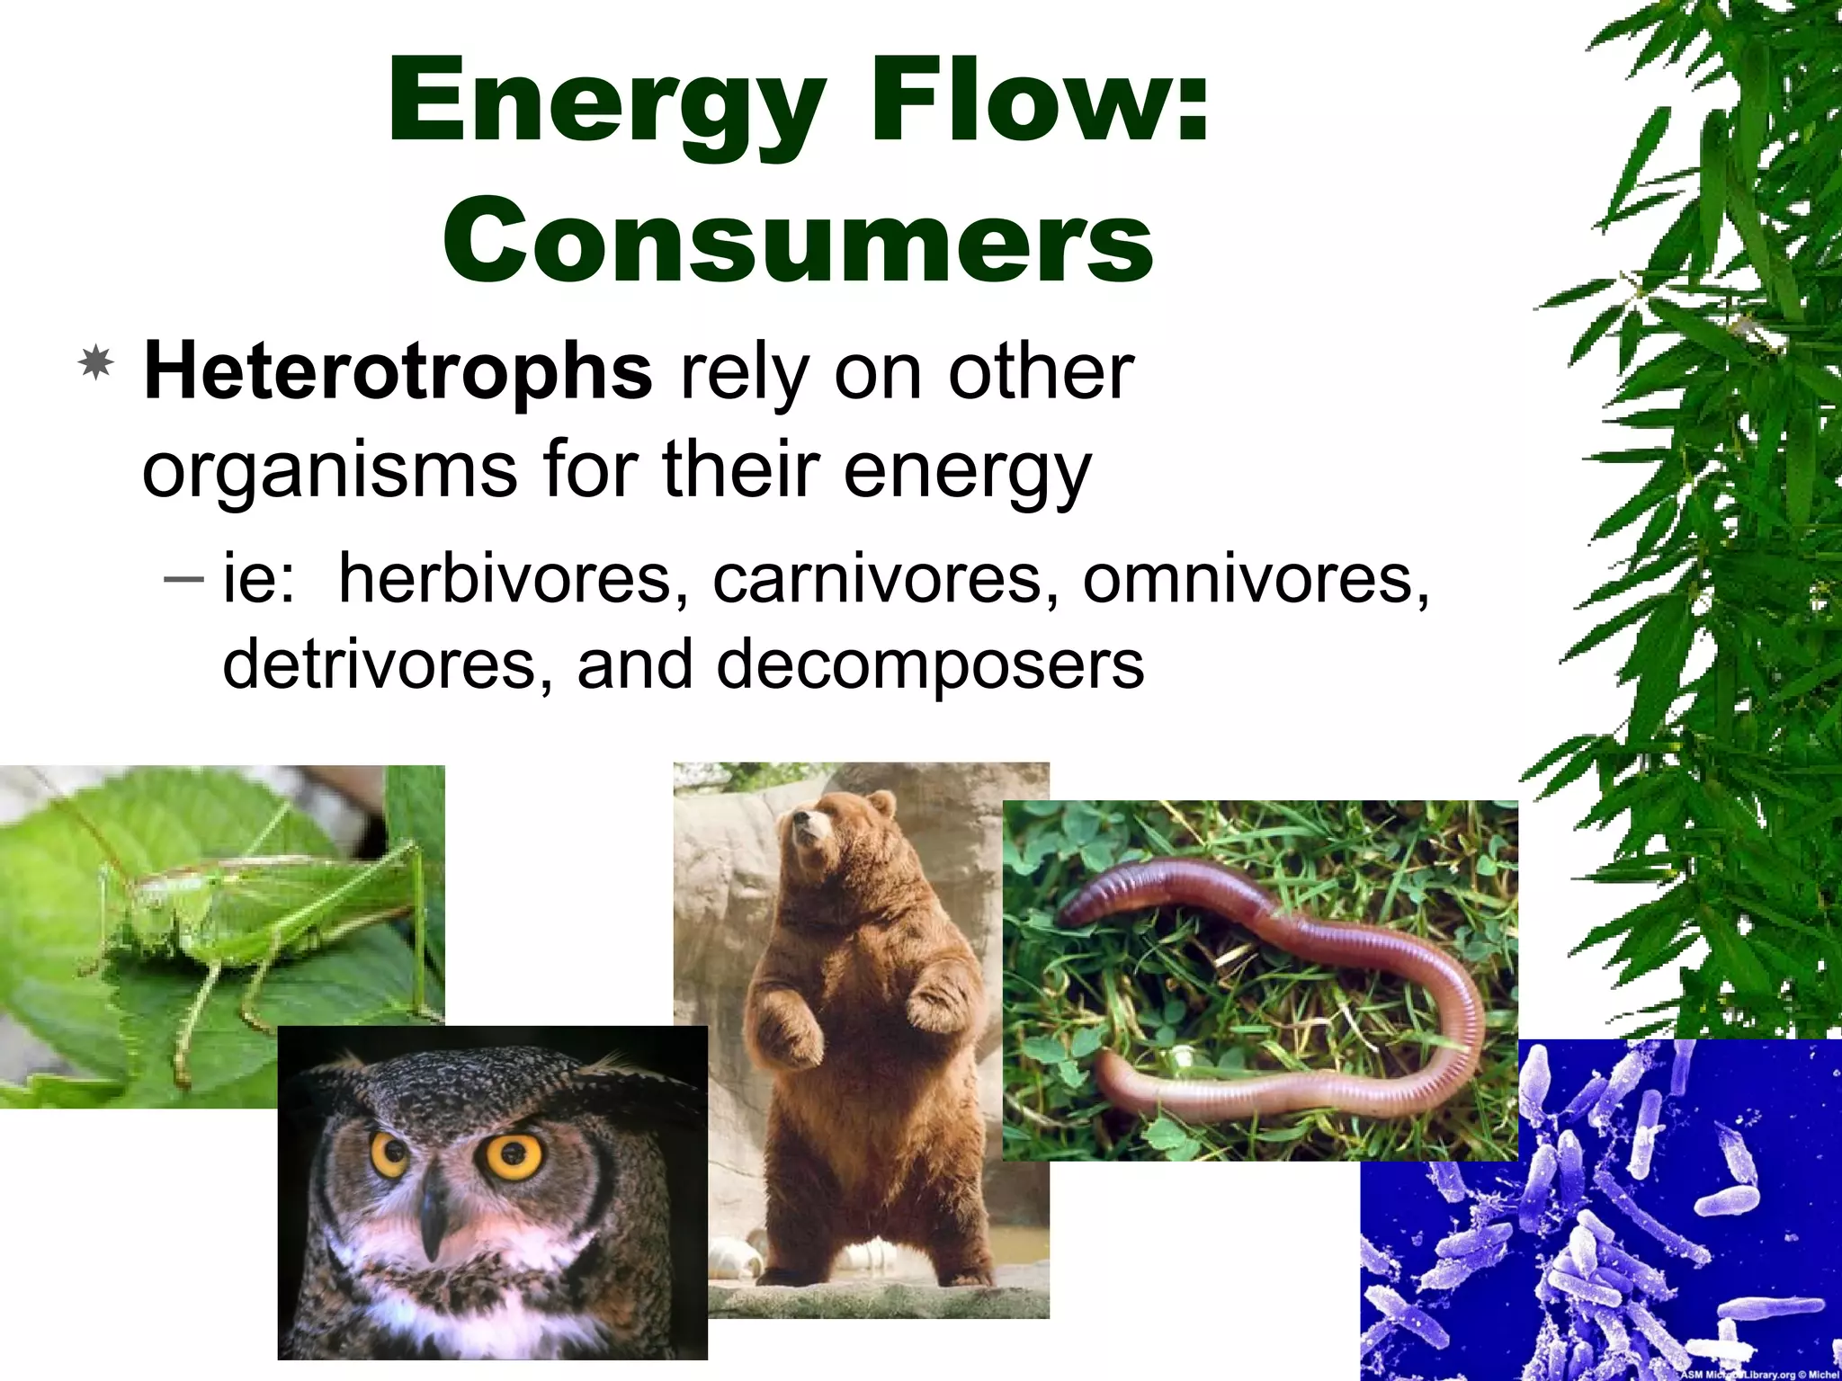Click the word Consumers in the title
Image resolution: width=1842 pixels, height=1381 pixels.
tap(798, 241)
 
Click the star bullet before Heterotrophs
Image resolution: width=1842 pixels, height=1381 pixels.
tap(96, 365)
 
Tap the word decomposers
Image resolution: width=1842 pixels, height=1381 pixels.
tap(930, 664)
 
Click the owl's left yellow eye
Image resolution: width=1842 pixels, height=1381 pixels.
tap(390, 1154)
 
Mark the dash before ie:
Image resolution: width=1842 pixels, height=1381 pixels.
tap(185, 578)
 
